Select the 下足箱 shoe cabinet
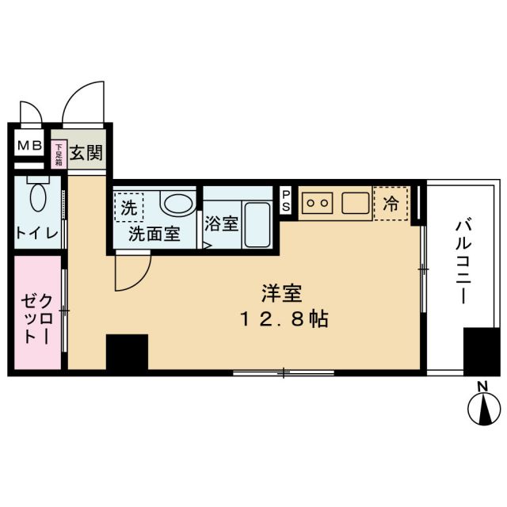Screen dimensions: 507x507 [59, 152]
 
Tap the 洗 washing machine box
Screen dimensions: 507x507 [128, 208]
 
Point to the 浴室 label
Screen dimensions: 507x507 [221, 223]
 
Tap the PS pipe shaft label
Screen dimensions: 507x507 [286, 200]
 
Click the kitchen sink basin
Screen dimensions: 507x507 [356, 203]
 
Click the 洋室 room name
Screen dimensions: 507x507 [281, 295]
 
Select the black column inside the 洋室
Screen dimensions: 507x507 [127, 352]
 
